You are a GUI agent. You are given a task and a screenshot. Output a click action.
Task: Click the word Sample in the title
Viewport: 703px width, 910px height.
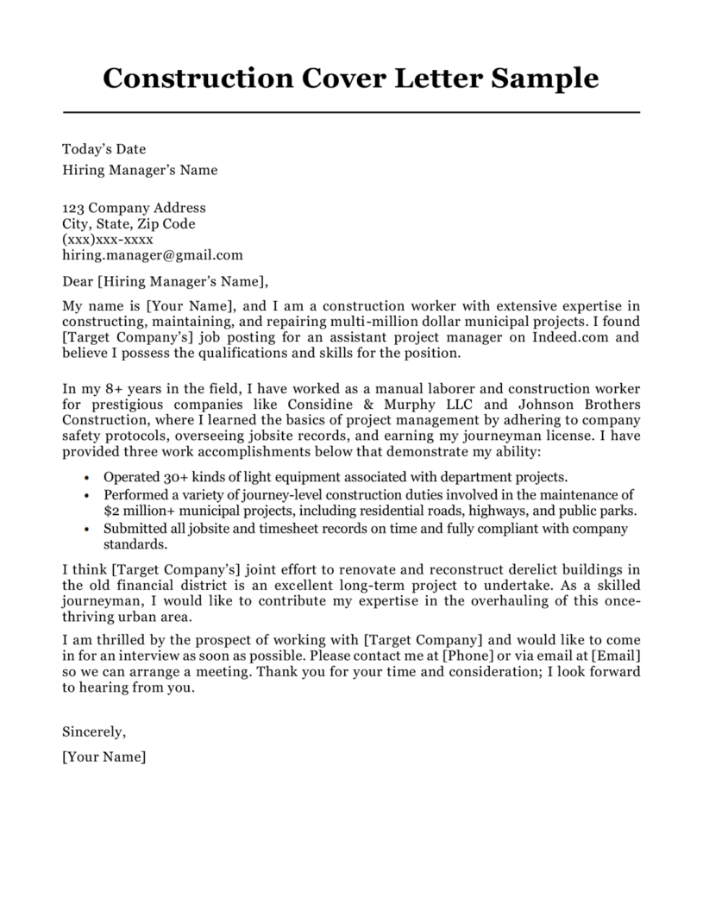543,78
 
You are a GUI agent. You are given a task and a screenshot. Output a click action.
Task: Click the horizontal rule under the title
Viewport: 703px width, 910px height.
351,113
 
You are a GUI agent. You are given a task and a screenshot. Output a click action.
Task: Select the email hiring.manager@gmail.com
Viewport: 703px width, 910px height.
153,255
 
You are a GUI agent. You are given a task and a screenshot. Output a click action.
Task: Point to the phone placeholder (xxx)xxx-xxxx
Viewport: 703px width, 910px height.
108,239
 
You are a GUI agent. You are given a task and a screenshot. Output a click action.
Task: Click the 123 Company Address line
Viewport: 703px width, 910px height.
135,207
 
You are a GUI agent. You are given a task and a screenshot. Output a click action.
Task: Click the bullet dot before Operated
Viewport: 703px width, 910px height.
88,477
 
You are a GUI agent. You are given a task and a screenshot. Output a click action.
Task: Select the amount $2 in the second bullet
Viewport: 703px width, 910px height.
111,511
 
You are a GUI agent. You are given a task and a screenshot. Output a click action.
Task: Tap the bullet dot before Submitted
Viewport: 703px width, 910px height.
88,528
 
